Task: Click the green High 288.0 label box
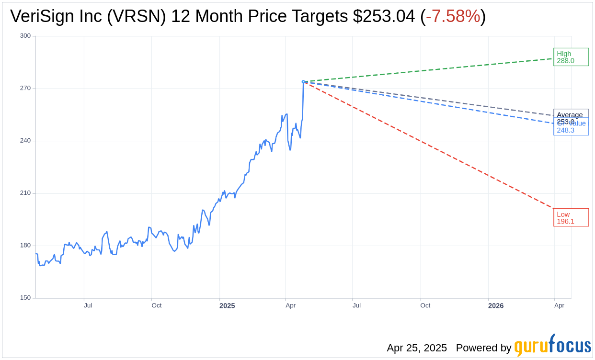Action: [x=571, y=57]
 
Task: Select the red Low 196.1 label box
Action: [x=571, y=217]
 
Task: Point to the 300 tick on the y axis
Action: [x=25, y=36]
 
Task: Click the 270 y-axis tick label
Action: [x=25, y=88]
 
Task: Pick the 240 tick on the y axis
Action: [x=25, y=141]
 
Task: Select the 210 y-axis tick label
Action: [x=25, y=193]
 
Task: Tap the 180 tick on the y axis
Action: [x=25, y=246]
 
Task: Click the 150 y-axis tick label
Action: [x=25, y=298]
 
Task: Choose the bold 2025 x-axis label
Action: [x=227, y=306]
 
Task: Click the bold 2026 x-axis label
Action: [x=496, y=306]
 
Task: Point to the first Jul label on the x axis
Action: [x=88, y=305]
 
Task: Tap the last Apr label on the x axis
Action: [x=559, y=305]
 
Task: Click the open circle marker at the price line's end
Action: [x=303, y=82]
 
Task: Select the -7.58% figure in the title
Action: [x=453, y=17]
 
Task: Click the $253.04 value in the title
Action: [x=384, y=17]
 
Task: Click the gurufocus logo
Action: [x=552, y=346]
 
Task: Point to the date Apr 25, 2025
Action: [x=417, y=348]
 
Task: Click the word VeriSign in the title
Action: [x=44, y=17]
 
